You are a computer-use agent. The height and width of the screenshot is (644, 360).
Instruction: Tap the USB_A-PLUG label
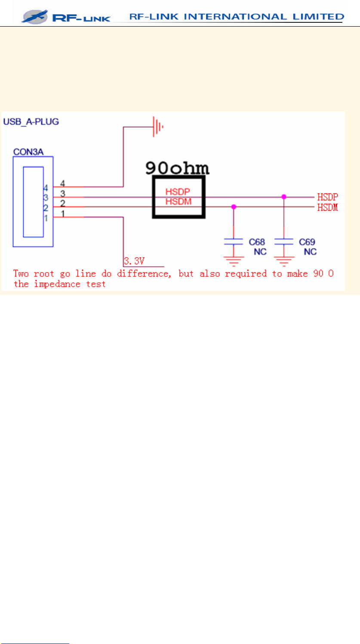31,121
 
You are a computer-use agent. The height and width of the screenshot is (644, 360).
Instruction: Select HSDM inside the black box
178,201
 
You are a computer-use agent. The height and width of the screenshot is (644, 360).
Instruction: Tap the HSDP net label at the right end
327,197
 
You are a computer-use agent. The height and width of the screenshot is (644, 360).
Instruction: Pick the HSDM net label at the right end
327,208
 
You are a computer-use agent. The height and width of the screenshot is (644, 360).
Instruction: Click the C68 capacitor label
257,242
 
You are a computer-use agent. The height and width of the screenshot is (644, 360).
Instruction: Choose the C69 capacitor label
307,242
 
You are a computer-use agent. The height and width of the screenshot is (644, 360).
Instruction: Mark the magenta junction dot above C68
234,207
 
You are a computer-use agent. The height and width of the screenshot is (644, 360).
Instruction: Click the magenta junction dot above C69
283,196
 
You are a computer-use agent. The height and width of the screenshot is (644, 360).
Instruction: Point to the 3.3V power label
134,261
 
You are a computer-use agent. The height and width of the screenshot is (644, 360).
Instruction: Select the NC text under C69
310,252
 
